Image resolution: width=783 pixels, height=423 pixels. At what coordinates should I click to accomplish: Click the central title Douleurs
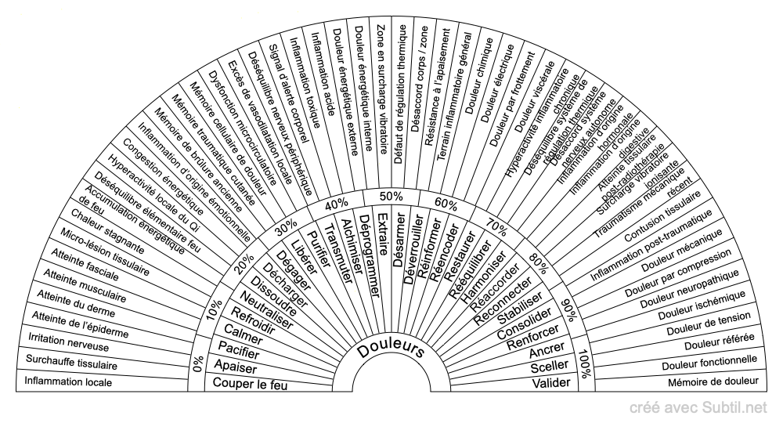[x=391, y=350]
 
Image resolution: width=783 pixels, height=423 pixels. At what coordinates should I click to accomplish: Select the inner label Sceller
[x=547, y=366]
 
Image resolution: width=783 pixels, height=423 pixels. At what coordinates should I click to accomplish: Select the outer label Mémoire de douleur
[x=713, y=383]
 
